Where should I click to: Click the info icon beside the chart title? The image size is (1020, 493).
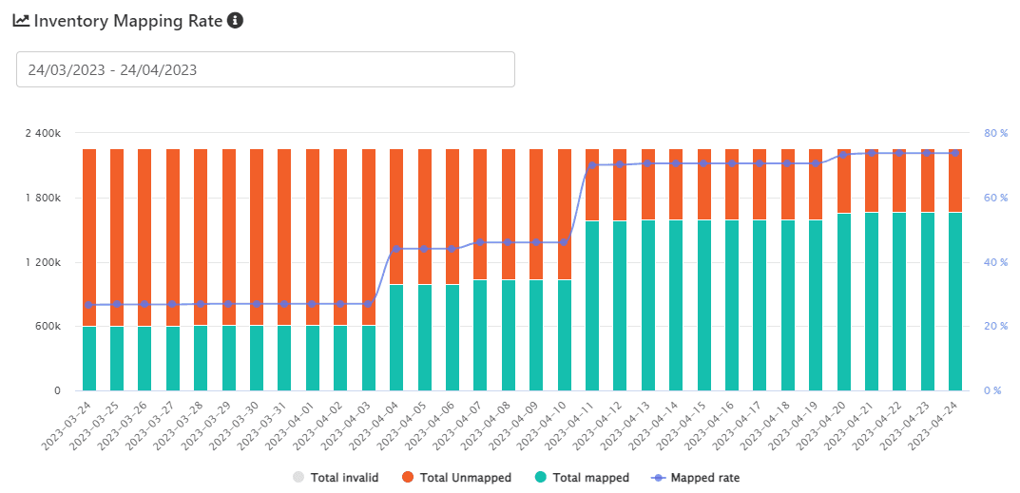(236, 20)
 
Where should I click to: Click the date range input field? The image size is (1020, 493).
(265, 69)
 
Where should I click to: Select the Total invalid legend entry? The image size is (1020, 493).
(337, 478)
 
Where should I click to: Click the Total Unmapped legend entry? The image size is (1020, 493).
(456, 478)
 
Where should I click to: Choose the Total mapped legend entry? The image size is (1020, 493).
(581, 478)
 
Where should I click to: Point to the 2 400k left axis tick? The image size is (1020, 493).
(43, 133)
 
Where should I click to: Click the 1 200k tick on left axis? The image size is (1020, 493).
(43, 262)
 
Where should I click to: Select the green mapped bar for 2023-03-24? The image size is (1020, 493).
(89, 358)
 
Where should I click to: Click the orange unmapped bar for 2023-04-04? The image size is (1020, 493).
(396, 217)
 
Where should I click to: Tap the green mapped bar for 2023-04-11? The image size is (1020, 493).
(592, 305)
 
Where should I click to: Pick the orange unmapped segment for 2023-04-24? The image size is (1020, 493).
(955, 180)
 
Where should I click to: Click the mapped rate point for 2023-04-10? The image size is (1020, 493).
(564, 242)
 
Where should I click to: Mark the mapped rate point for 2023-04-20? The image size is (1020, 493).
(843, 154)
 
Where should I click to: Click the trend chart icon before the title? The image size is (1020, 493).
(21, 21)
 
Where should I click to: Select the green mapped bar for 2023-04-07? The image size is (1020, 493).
(480, 334)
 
